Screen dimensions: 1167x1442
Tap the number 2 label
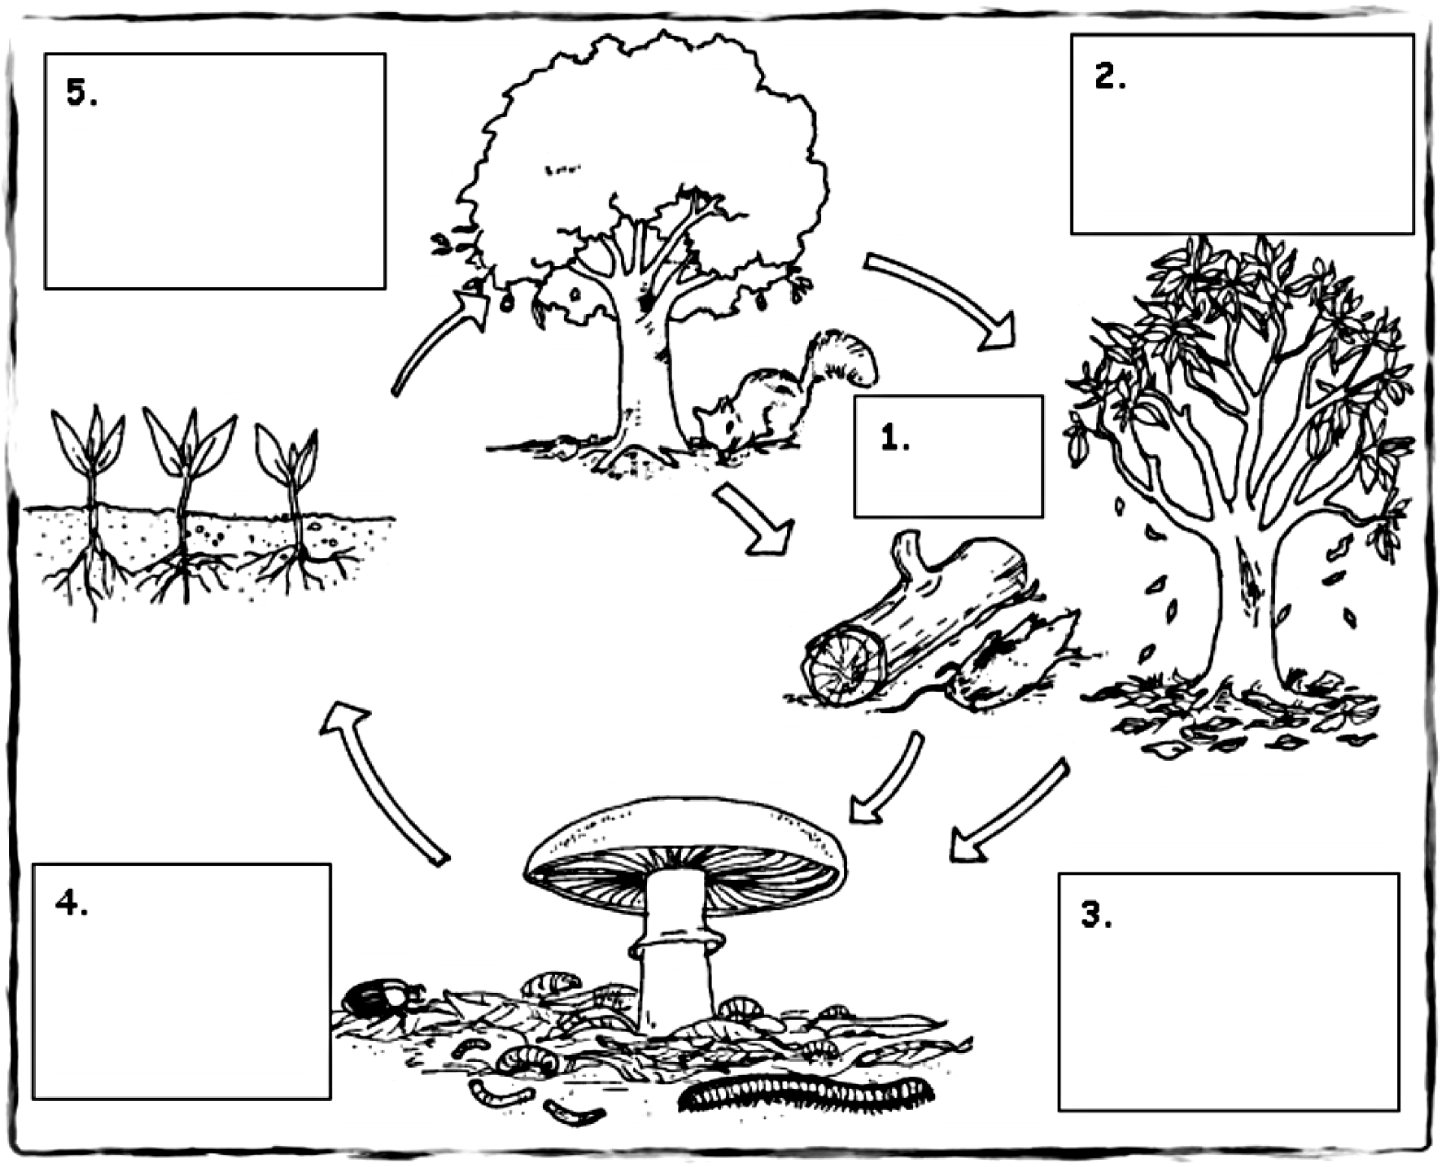point(1110,77)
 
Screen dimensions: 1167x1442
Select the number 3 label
point(1095,915)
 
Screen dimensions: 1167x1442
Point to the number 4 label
point(72,903)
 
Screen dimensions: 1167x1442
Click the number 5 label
point(81,94)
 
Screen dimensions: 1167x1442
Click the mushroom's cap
point(684,838)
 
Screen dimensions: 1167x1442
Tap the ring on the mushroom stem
point(675,944)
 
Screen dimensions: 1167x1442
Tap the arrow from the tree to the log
point(753,521)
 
